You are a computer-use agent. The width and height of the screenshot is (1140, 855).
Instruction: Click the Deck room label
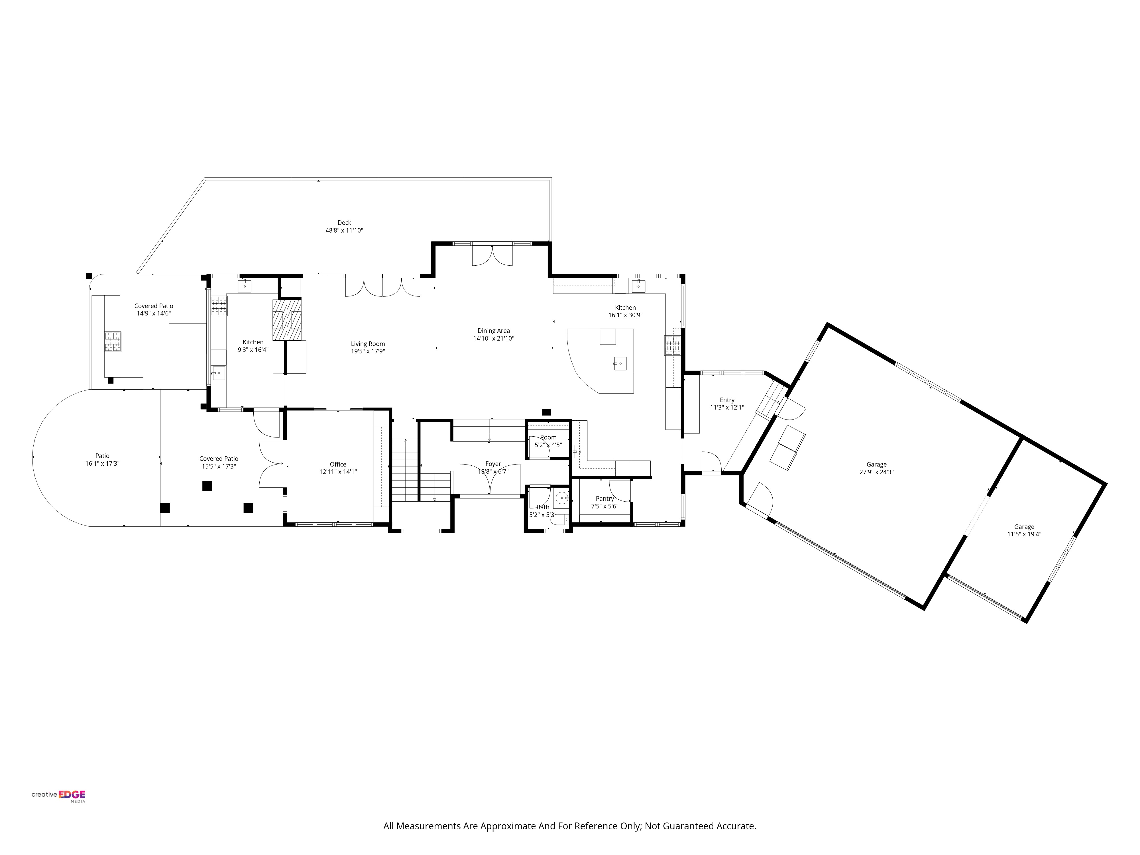(x=344, y=223)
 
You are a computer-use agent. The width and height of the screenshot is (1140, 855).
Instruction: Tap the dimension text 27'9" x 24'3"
(x=876, y=472)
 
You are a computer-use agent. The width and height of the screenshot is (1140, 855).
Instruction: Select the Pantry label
(x=604, y=498)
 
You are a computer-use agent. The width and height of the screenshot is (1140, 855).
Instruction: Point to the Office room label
(x=338, y=464)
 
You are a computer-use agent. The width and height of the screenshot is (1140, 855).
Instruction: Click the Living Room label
(x=368, y=344)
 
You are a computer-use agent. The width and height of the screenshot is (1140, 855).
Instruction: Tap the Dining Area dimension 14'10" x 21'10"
(x=494, y=339)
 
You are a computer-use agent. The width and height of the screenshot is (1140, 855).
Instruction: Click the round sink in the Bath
(x=561, y=498)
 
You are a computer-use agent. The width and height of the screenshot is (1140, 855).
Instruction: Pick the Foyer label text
(x=493, y=464)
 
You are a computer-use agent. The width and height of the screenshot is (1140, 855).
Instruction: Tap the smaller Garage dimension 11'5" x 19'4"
(x=1024, y=534)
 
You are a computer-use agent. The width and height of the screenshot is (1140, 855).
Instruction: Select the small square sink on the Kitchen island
(x=620, y=363)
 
